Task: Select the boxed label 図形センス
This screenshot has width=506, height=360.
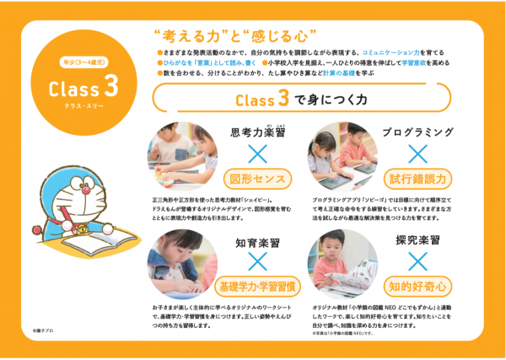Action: click(258, 179)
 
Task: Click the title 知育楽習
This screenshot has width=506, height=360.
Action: click(258, 243)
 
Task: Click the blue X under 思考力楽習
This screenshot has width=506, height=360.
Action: click(258, 154)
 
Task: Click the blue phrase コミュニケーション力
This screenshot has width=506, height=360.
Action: click(398, 51)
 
